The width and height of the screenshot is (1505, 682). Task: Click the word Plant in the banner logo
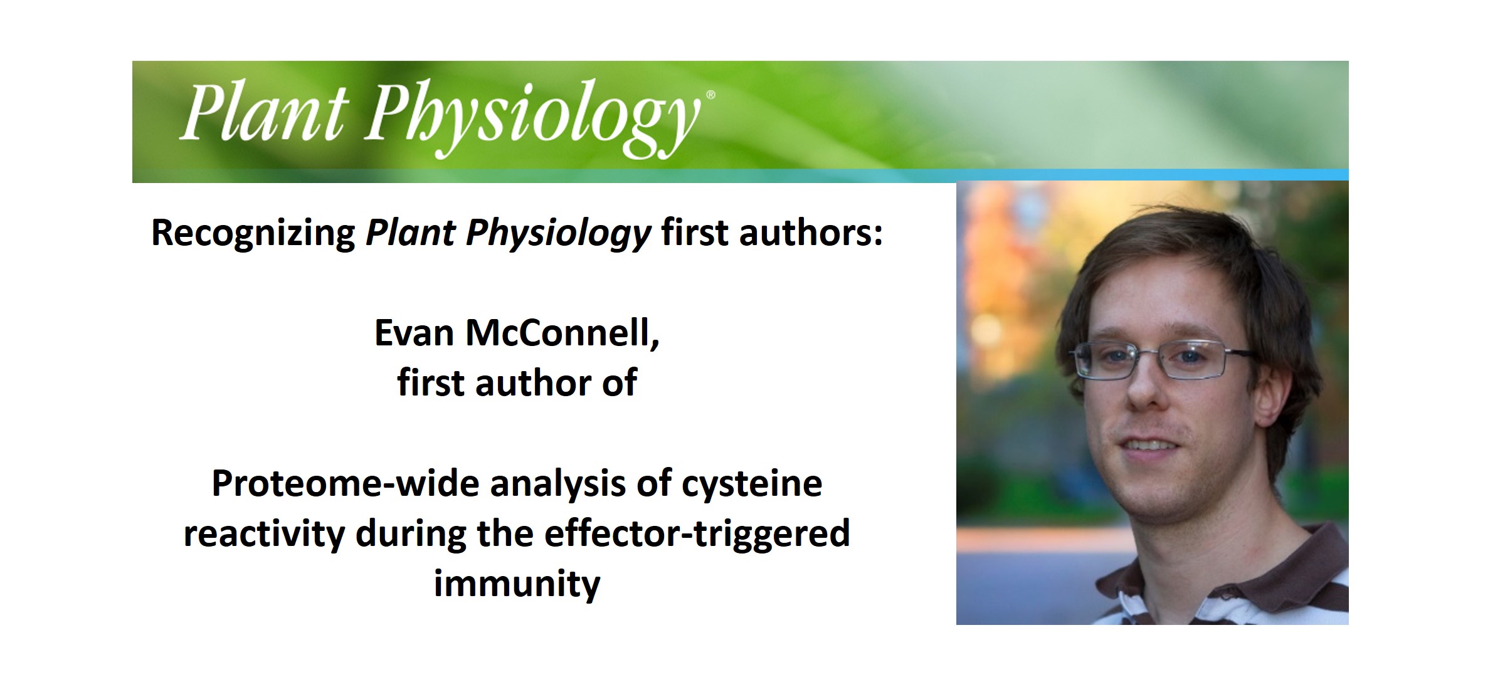point(263,113)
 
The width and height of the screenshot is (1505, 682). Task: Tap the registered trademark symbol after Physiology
point(710,95)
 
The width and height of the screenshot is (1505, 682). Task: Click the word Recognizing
point(253,233)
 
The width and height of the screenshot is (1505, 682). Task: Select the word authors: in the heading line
point(811,233)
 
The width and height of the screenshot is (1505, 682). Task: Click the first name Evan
point(414,333)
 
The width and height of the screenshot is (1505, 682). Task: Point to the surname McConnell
point(562,333)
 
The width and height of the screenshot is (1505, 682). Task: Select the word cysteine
point(751,484)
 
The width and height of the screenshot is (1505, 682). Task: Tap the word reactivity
point(264,534)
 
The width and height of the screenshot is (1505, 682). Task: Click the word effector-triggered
point(697,534)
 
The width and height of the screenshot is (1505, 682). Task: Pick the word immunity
point(517,584)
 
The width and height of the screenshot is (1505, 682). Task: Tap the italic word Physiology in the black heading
point(558,233)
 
